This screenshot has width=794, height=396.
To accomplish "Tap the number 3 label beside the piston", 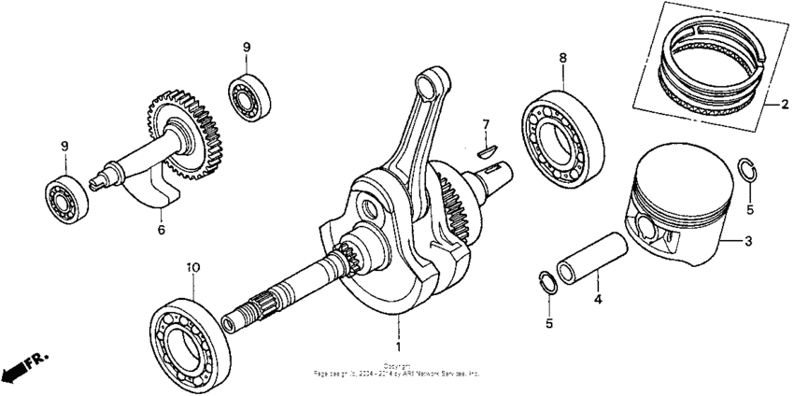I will pos(747,241).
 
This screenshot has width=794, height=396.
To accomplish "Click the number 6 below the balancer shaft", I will pos(161,228).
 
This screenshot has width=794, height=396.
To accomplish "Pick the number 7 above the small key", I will pos(486,124).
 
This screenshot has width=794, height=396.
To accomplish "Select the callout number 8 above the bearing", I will pos(563,58).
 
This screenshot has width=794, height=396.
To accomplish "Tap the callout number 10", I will pos(192,267).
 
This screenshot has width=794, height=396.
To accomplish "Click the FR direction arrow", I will pos(22,367).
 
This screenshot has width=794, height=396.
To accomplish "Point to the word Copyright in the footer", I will pos(396,365).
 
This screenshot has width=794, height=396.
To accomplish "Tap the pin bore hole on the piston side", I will pos(647,228).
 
